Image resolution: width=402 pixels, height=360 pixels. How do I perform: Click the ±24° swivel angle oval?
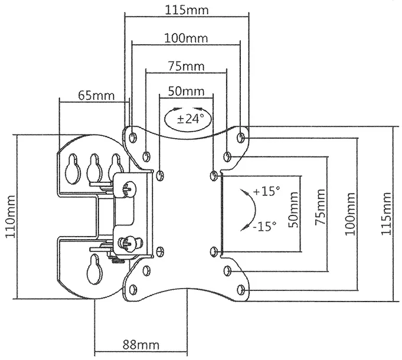186,118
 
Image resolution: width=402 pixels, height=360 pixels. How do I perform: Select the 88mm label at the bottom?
140,345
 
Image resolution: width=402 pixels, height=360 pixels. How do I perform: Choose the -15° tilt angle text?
263,227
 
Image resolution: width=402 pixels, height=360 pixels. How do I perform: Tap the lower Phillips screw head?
129,242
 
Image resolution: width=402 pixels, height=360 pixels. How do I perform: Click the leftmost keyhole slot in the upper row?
73,168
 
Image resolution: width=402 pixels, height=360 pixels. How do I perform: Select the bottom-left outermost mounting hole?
132,290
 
